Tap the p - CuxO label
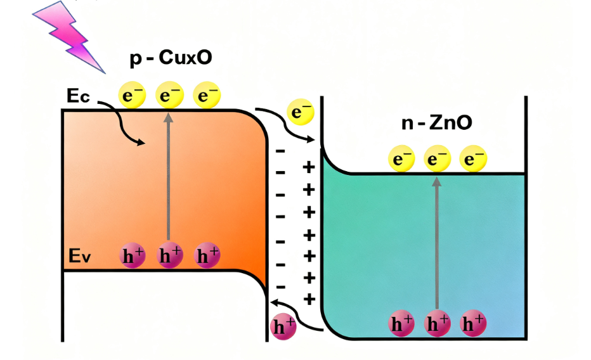(x=171, y=58)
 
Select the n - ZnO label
(x=437, y=122)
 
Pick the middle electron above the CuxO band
(x=169, y=96)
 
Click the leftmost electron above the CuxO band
(x=132, y=96)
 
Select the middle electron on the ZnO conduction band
(x=435, y=159)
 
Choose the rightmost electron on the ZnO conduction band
(x=472, y=159)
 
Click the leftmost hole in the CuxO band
(x=132, y=256)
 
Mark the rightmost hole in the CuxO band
(x=206, y=256)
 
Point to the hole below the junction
(x=283, y=327)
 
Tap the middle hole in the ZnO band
(x=436, y=324)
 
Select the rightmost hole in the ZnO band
(x=472, y=324)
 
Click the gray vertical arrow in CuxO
(x=169, y=177)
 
